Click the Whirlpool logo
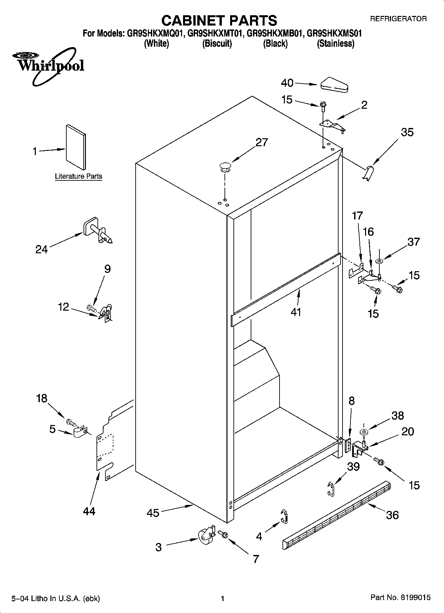point(50,66)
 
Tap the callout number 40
point(287,83)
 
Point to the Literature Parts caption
point(79,176)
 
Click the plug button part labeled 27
point(225,167)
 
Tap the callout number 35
point(407,132)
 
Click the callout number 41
point(296,312)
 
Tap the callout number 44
point(89,511)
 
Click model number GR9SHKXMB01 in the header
point(275,33)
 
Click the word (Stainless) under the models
point(336,43)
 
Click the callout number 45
point(153,513)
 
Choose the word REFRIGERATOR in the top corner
point(398,19)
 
